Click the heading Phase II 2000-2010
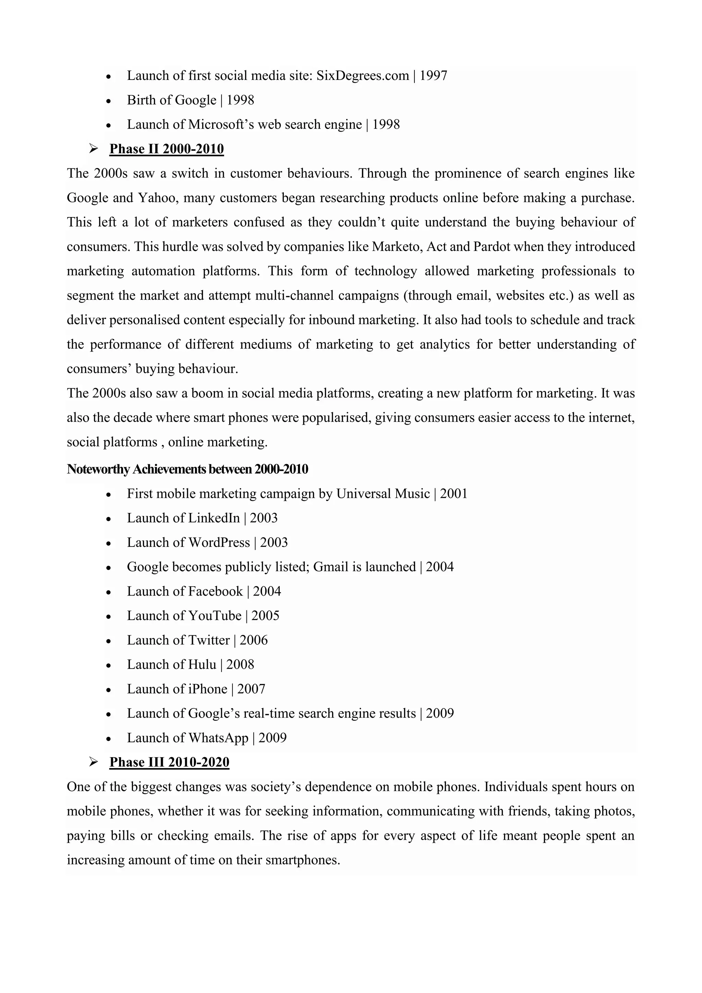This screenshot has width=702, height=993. pos(167,149)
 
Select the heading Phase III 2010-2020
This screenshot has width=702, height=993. pos(169,762)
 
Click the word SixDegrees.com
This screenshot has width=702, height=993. pos(362,76)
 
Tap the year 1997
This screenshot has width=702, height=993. pos(433,76)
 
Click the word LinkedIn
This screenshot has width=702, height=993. pos(214,518)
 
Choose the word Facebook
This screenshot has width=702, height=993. pos(215,591)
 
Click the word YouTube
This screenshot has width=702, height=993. pos(214,616)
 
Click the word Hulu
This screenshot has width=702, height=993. pos(202,665)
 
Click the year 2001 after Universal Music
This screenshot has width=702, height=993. pos(453,494)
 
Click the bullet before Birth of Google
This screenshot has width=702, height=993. pos(109,101)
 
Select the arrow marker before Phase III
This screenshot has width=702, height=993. pos(93,762)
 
